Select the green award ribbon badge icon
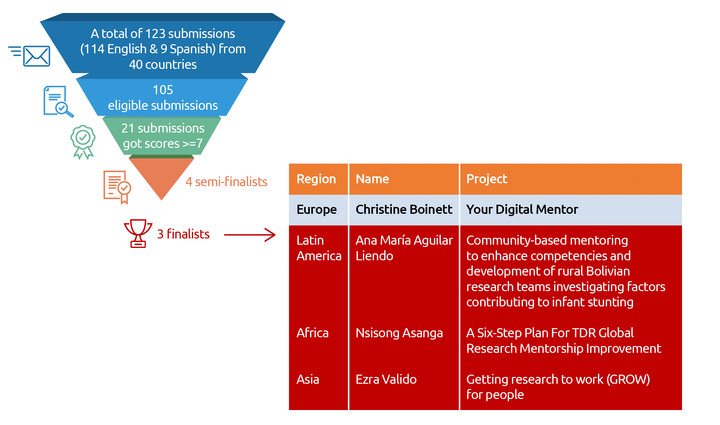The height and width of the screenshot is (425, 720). pos(83,141)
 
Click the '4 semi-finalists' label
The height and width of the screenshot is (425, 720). pos(226,182)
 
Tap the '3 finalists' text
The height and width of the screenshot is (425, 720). pos(183,234)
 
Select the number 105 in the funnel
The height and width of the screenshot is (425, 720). pos(163,90)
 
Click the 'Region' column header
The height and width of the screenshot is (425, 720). pos(316,179)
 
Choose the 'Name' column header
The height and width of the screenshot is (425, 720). pos(372,179)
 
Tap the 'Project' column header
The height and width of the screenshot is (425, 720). pos(487,179)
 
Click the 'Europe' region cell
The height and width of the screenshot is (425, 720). pos(317,210)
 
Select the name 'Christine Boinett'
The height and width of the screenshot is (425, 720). pos(404,210)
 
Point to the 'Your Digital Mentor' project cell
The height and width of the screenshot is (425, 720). pos(522,210)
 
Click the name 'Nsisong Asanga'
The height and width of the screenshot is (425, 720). pos(399,333)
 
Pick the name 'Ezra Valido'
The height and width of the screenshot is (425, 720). pos(386,380)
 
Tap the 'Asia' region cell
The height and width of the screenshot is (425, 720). pos(308,380)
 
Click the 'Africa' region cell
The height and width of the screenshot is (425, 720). pos(312,333)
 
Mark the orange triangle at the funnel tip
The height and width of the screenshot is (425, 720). pos(161,175)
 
